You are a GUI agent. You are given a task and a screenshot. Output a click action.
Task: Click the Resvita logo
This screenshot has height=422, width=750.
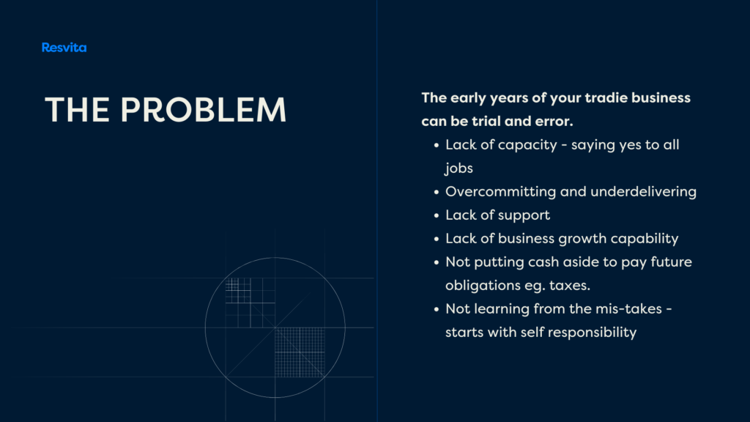click(x=64, y=48)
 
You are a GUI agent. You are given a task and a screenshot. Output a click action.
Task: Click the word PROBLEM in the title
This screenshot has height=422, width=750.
click(x=204, y=110)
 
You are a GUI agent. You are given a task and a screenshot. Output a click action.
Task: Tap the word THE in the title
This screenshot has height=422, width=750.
click(x=77, y=110)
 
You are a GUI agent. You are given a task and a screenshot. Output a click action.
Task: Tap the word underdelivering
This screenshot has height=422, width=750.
click(x=643, y=192)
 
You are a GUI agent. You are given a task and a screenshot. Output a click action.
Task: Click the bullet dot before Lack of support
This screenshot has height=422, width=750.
click(x=437, y=216)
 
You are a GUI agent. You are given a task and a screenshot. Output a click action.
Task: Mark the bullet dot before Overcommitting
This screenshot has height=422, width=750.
click(x=437, y=193)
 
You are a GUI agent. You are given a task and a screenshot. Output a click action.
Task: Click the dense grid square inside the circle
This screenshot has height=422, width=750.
click(x=300, y=352)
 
